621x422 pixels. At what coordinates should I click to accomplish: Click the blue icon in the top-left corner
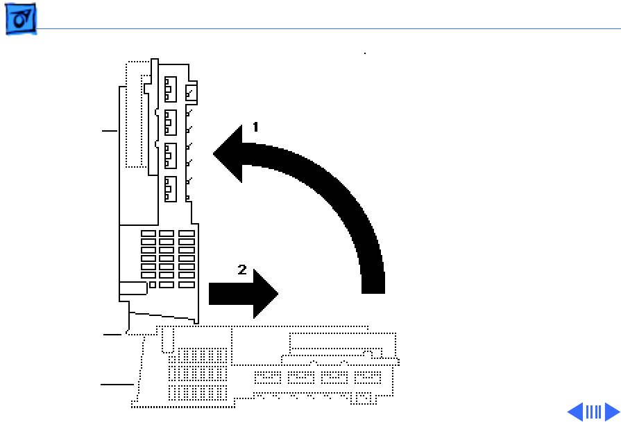tap(20, 22)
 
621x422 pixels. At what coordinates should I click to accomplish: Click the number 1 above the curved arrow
tap(255, 127)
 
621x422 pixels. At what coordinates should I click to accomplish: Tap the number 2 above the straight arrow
tap(242, 270)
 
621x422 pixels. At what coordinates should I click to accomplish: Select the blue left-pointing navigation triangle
tap(575, 412)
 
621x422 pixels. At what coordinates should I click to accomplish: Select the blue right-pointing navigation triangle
tap(611, 412)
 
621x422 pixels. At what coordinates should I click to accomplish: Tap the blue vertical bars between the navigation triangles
tap(593, 412)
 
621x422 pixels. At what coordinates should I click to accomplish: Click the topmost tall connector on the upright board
tap(170, 89)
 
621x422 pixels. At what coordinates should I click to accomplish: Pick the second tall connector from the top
tap(170, 122)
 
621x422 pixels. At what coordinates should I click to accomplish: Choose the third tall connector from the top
tap(170, 155)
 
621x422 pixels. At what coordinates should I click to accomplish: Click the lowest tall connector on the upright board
tap(170, 189)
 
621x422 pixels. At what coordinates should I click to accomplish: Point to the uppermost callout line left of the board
tap(110, 130)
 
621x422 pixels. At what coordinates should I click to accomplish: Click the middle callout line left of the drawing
tap(112, 335)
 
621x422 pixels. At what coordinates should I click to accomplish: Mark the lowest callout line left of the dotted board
tap(117, 383)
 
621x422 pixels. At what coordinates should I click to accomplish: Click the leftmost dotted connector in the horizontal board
tap(267, 378)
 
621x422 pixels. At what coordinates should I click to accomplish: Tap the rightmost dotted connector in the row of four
tap(367, 378)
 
